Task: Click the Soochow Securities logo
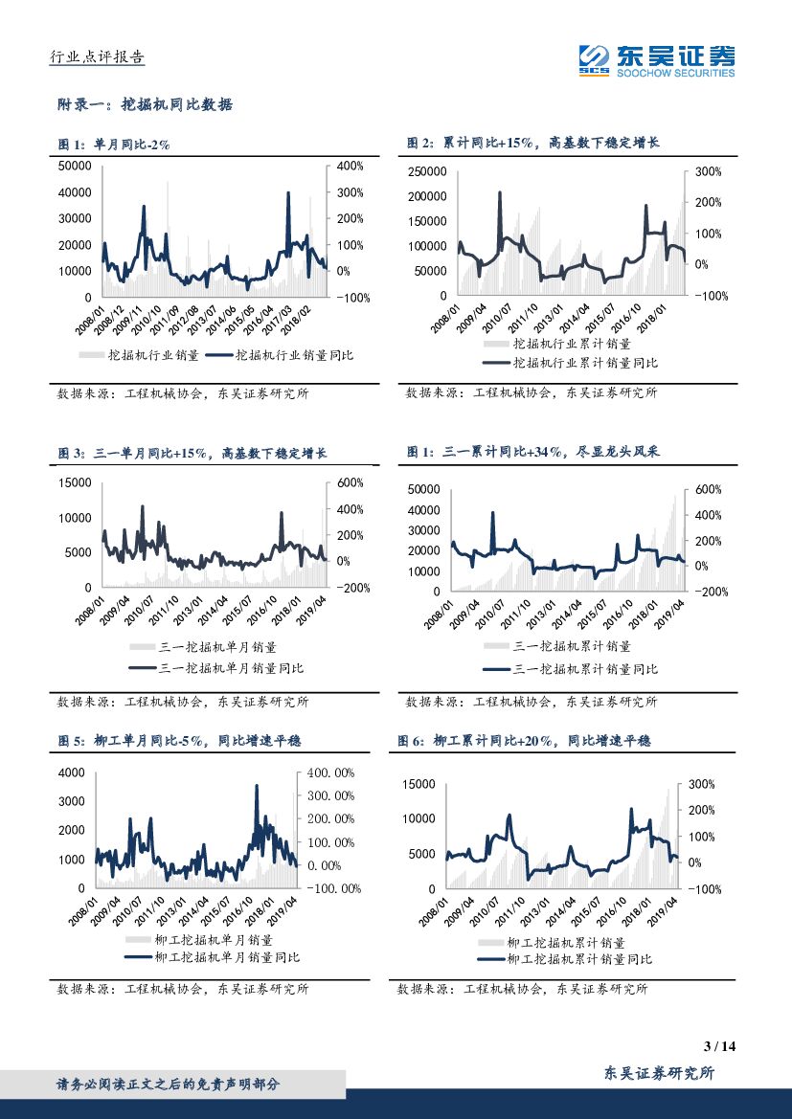pyautogui.click(x=657, y=60)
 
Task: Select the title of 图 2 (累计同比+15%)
pyautogui.click(x=533, y=143)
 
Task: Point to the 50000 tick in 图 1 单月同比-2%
pyautogui.click(x=75, y=166)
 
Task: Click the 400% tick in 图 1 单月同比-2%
pyautogui.click(x=351, y=166)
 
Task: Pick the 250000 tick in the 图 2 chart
pyautogui.click(x=425, y=171)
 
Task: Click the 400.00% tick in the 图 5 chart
pyautogui.click(x=331, y=772)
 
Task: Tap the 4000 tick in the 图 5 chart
pyautogui.click(x=73, y=772)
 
